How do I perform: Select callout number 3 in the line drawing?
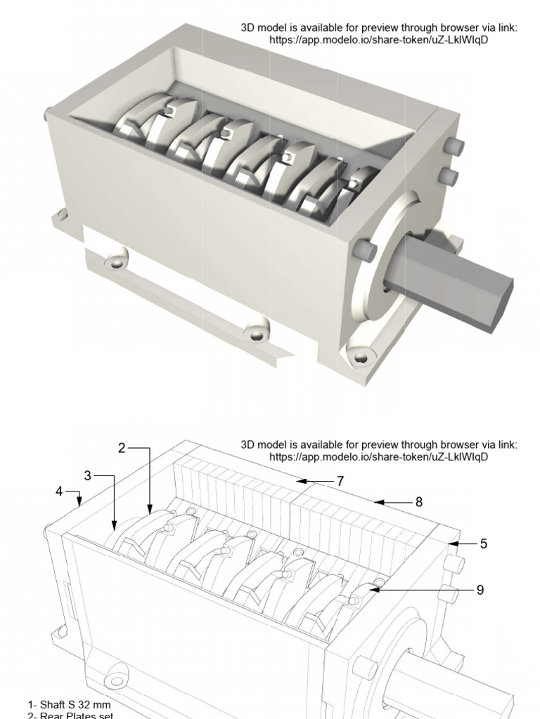(88, 476)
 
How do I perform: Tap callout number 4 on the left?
(60, 491)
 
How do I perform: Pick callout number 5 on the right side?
(483, 543)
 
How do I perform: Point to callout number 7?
(340, 481)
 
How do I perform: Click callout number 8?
(418, 502)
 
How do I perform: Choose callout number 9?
(480, 590)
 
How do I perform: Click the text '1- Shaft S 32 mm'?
(69, 704)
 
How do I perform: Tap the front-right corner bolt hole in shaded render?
(361, 358)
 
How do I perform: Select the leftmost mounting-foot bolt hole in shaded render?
(114, 262)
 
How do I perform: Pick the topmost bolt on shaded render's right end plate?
(456, 147)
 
